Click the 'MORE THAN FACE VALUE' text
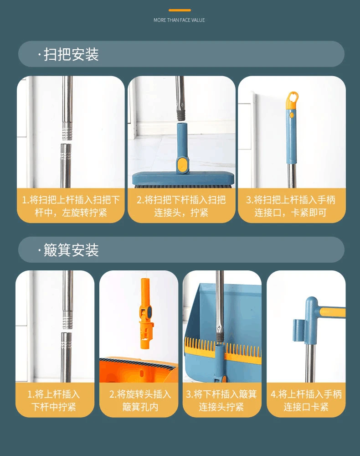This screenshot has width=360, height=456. (x=179, y=20)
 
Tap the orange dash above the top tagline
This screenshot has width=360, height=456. (x=180, y=10)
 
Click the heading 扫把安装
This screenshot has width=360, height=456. (x=71, y=54)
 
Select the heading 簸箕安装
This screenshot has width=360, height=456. (x=71, y=250)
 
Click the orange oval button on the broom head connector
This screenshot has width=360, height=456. (x=182, y=164)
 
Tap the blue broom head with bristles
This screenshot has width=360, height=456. (x=183, y=179)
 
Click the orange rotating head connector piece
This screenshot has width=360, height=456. (x=146, y=314)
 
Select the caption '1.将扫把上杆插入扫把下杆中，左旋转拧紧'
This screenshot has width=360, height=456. (x=71, y=206)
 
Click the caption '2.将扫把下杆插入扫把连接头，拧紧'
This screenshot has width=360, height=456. (x=181, y=206)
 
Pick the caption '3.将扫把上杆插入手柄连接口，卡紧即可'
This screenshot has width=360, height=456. (x=291, y=206)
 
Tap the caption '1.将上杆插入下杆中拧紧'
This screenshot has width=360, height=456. (x=54, y=400)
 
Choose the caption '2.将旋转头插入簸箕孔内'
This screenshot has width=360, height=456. (x=140, y=400)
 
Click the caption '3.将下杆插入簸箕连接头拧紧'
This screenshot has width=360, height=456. (x=221, y=400)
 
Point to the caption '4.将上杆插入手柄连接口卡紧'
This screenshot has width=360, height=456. (x=306, y=400)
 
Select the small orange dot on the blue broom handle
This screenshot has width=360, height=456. (x=292, y=115)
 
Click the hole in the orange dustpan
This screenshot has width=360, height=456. (x=142, y=373)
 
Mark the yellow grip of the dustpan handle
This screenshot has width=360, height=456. (x=332, y=312)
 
